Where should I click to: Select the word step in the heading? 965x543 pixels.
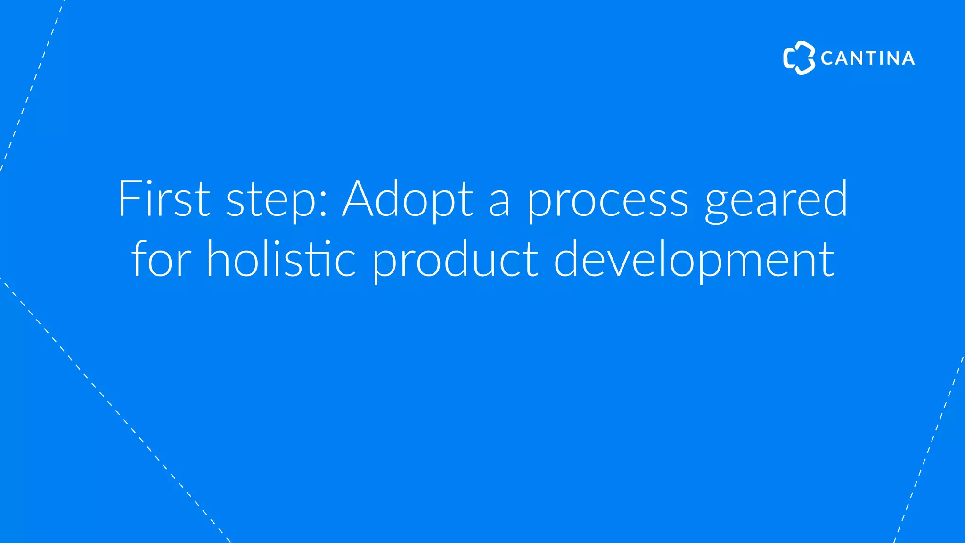[271, 200]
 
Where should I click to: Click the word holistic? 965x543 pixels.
[281, 259]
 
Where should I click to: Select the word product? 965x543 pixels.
[455, 260]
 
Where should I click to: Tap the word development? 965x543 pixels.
[694, 260]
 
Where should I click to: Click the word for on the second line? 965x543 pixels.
[161, 259]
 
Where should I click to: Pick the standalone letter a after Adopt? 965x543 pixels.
[499, 204]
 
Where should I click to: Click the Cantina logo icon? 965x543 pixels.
[799, 58]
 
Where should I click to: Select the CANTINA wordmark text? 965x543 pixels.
[867, 58]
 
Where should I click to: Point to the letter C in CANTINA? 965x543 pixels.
[827, 58]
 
